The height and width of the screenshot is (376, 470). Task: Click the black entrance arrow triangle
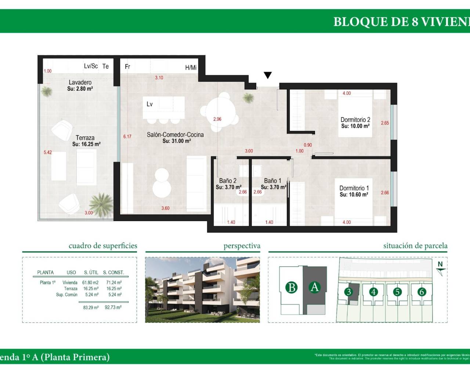point(268,75)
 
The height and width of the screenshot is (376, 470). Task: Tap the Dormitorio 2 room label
point(355,120)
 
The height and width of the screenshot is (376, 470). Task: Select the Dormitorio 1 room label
point(354,188)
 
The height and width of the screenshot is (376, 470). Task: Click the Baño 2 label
point(228,181)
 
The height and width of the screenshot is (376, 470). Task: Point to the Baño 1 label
point(272,181)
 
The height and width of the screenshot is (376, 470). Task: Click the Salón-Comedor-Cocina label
point(175,135)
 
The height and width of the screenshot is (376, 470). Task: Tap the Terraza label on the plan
point(85,138)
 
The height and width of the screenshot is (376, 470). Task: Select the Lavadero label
point(80,83)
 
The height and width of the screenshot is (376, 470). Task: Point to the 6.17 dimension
point(127,137)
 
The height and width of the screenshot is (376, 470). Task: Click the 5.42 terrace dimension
point(48,152)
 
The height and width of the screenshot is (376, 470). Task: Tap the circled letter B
point(292,287)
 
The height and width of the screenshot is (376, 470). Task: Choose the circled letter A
point(314,287)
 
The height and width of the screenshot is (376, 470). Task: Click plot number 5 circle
point(397,292)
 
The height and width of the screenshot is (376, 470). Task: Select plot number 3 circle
point(348,292)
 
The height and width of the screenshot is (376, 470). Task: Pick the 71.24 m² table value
point(114,283)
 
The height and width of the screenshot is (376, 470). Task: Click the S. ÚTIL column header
point(91,272)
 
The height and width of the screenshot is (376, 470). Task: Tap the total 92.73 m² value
point(113,307)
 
